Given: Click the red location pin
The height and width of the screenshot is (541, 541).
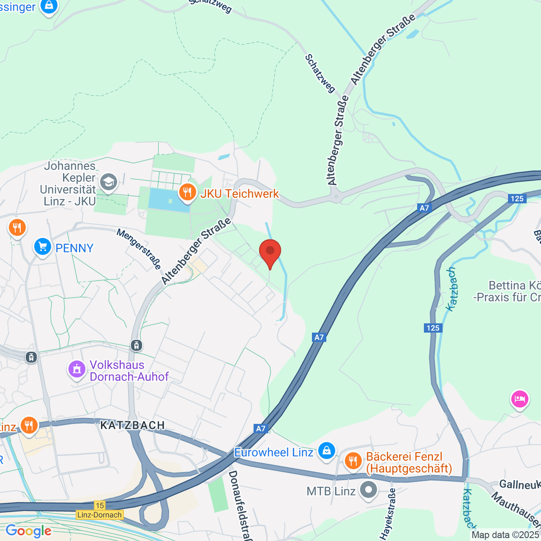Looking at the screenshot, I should (x=270, y=252).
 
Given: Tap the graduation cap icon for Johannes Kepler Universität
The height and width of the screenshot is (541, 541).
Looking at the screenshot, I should (x=109, y=182).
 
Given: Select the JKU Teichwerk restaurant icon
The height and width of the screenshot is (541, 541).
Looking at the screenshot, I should (x=187, y=193).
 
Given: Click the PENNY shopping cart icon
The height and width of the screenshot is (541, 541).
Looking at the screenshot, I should (x=43, y=247).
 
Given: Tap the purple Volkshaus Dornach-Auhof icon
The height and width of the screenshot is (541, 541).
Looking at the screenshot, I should (x=77, y=370).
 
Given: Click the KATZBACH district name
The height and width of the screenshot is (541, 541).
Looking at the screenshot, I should (x=132, y=425).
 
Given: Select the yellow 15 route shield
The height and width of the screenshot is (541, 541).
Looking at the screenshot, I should (x=100, y=505).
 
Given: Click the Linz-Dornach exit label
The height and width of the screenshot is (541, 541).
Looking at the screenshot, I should (x=100, y=515).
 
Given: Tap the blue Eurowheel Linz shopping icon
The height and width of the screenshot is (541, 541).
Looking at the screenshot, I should (x=326, y=451).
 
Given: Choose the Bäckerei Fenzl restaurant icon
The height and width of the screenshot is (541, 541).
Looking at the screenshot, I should (x=353, y=460).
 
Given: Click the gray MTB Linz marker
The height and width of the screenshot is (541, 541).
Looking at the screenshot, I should (x=369, y=491).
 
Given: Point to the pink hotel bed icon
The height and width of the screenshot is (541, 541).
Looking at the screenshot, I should (x=519, y=399).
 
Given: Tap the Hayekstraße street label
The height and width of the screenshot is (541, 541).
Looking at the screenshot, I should (x=387, y=514).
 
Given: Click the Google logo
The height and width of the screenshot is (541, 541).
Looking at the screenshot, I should (x=28, y=531).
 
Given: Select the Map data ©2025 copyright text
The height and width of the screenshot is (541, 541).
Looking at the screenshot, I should (x=505, y=535).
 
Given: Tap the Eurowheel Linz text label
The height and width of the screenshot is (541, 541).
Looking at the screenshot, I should (x=273, y=452).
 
